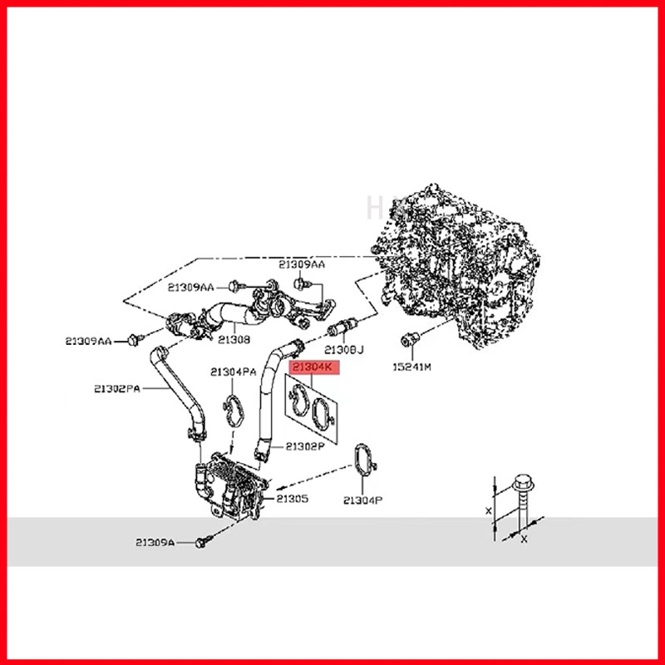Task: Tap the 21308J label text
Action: pyautogui.click(x=345, y=349)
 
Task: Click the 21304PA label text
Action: pyautogui.click(x=234, y=372)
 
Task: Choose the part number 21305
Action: pyautogui.click(x=293, y=499)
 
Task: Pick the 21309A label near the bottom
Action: pyautogui.click(x=156, y=542)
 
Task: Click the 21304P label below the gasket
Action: pyautogui.click(x=363, y=500)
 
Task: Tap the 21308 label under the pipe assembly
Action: pyautogui.click(x=234, y=339)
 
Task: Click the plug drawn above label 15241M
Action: pyautogui.click(x=409, y=338)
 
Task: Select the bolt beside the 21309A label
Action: pyautogui.click(x=200, y=542)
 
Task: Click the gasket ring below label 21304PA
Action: pyautogui.click(x=234, y=410)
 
